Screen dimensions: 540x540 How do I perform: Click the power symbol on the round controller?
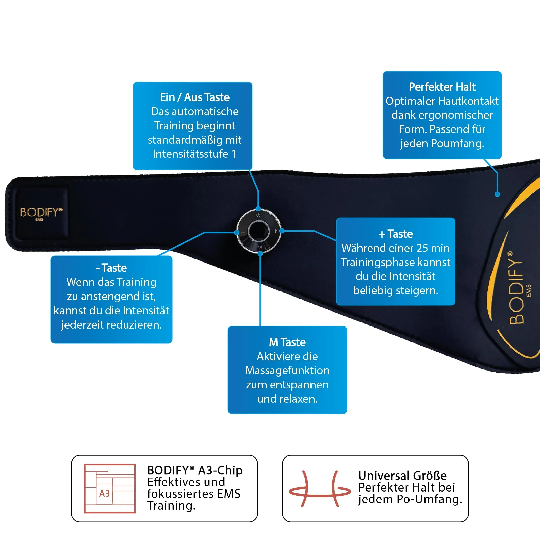(258, 215)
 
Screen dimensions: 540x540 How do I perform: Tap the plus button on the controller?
(275, 231)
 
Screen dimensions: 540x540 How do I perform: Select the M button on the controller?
(260, 247)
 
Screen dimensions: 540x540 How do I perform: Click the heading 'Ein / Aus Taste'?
(194, 97)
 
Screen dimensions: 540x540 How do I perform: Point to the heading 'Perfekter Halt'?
(442, 87)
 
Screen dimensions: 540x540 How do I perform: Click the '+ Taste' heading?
(396, 234)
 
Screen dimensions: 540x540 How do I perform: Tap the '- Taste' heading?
(111, 268)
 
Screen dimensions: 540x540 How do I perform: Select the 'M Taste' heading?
(287, 342)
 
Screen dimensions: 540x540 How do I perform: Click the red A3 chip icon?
(110, 488)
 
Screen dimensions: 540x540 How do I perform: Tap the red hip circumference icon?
(319, 488)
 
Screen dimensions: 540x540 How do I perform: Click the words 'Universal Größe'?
(402, 476)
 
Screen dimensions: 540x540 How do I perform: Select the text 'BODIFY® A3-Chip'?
(195, 470)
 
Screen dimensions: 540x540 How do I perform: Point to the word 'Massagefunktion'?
(287, 370)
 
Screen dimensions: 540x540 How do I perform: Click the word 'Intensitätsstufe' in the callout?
(190, 154)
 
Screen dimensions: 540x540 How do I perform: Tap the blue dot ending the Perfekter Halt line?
(497, 194)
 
